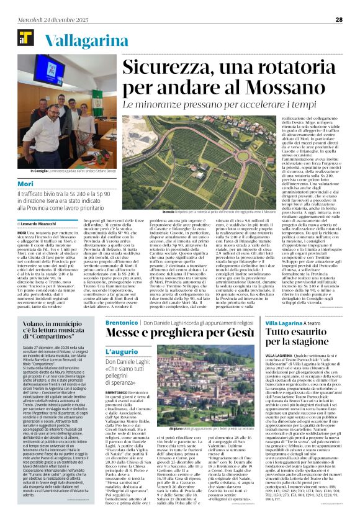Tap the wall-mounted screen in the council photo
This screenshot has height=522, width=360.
60,90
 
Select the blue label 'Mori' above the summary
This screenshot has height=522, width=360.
25,184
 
